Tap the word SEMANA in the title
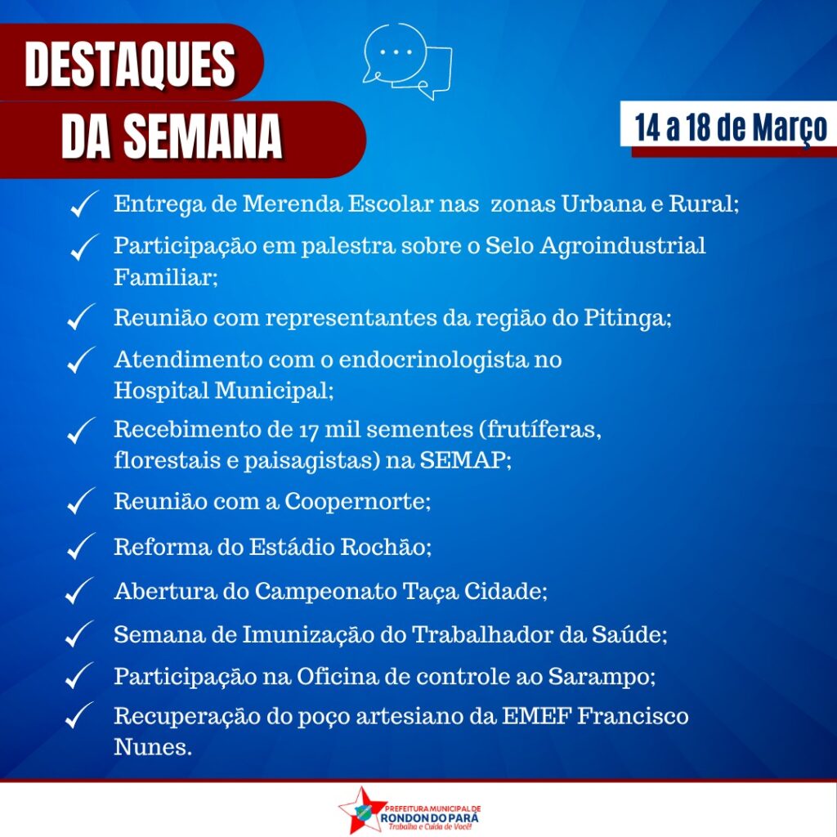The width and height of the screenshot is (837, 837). [203, 137]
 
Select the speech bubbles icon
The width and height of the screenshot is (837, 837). [407, 60]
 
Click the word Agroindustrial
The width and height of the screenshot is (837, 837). [622, 247]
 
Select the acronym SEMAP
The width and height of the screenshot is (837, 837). [464, 459]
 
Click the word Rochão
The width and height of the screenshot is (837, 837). [383, 547]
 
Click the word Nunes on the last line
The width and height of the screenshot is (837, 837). [151, 747]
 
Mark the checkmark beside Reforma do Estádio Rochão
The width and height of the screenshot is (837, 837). [81, 546]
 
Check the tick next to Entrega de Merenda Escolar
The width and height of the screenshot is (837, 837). [84, 204]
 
